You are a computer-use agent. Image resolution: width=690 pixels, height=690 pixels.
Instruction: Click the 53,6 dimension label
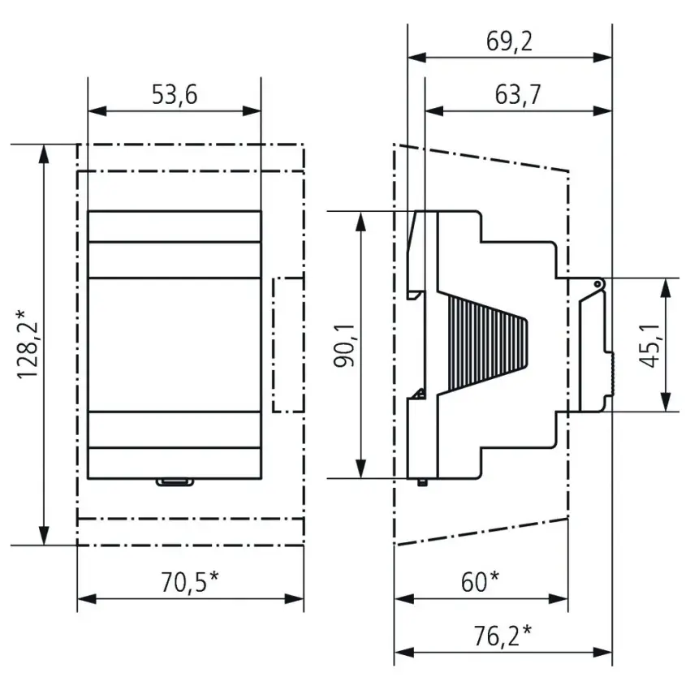point(175,95)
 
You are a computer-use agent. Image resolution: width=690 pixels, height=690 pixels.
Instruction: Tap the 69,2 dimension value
point(509,41)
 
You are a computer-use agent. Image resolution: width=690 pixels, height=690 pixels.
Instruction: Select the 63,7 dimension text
point(518,95)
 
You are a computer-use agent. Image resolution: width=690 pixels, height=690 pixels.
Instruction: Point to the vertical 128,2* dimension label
point(28,344)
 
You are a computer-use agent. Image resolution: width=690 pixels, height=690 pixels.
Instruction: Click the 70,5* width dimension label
point(190,582)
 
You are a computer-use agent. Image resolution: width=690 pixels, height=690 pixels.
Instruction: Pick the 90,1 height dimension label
point(344,346)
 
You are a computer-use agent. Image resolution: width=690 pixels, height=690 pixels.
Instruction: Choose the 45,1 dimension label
point(649,345)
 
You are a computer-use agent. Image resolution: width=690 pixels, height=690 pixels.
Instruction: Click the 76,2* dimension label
point(502,636)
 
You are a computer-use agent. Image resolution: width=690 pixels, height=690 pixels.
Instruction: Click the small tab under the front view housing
point(175,482)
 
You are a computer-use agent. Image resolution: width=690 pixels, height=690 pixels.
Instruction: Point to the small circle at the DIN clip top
point(597,284)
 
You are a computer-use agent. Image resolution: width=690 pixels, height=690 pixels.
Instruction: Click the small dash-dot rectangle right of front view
point(288,345)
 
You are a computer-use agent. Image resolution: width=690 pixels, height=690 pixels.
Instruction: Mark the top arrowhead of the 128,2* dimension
point(44,154)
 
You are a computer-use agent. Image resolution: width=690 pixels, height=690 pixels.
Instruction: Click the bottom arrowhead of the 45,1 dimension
point(666,402)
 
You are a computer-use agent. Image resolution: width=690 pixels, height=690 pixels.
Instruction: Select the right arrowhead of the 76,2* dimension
point(602,652)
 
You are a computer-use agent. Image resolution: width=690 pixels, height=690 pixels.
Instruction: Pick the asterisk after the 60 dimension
point(494,576)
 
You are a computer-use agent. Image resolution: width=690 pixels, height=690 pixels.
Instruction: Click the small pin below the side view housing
point(422,482)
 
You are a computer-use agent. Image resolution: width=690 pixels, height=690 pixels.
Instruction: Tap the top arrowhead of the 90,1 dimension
point(361,221)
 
